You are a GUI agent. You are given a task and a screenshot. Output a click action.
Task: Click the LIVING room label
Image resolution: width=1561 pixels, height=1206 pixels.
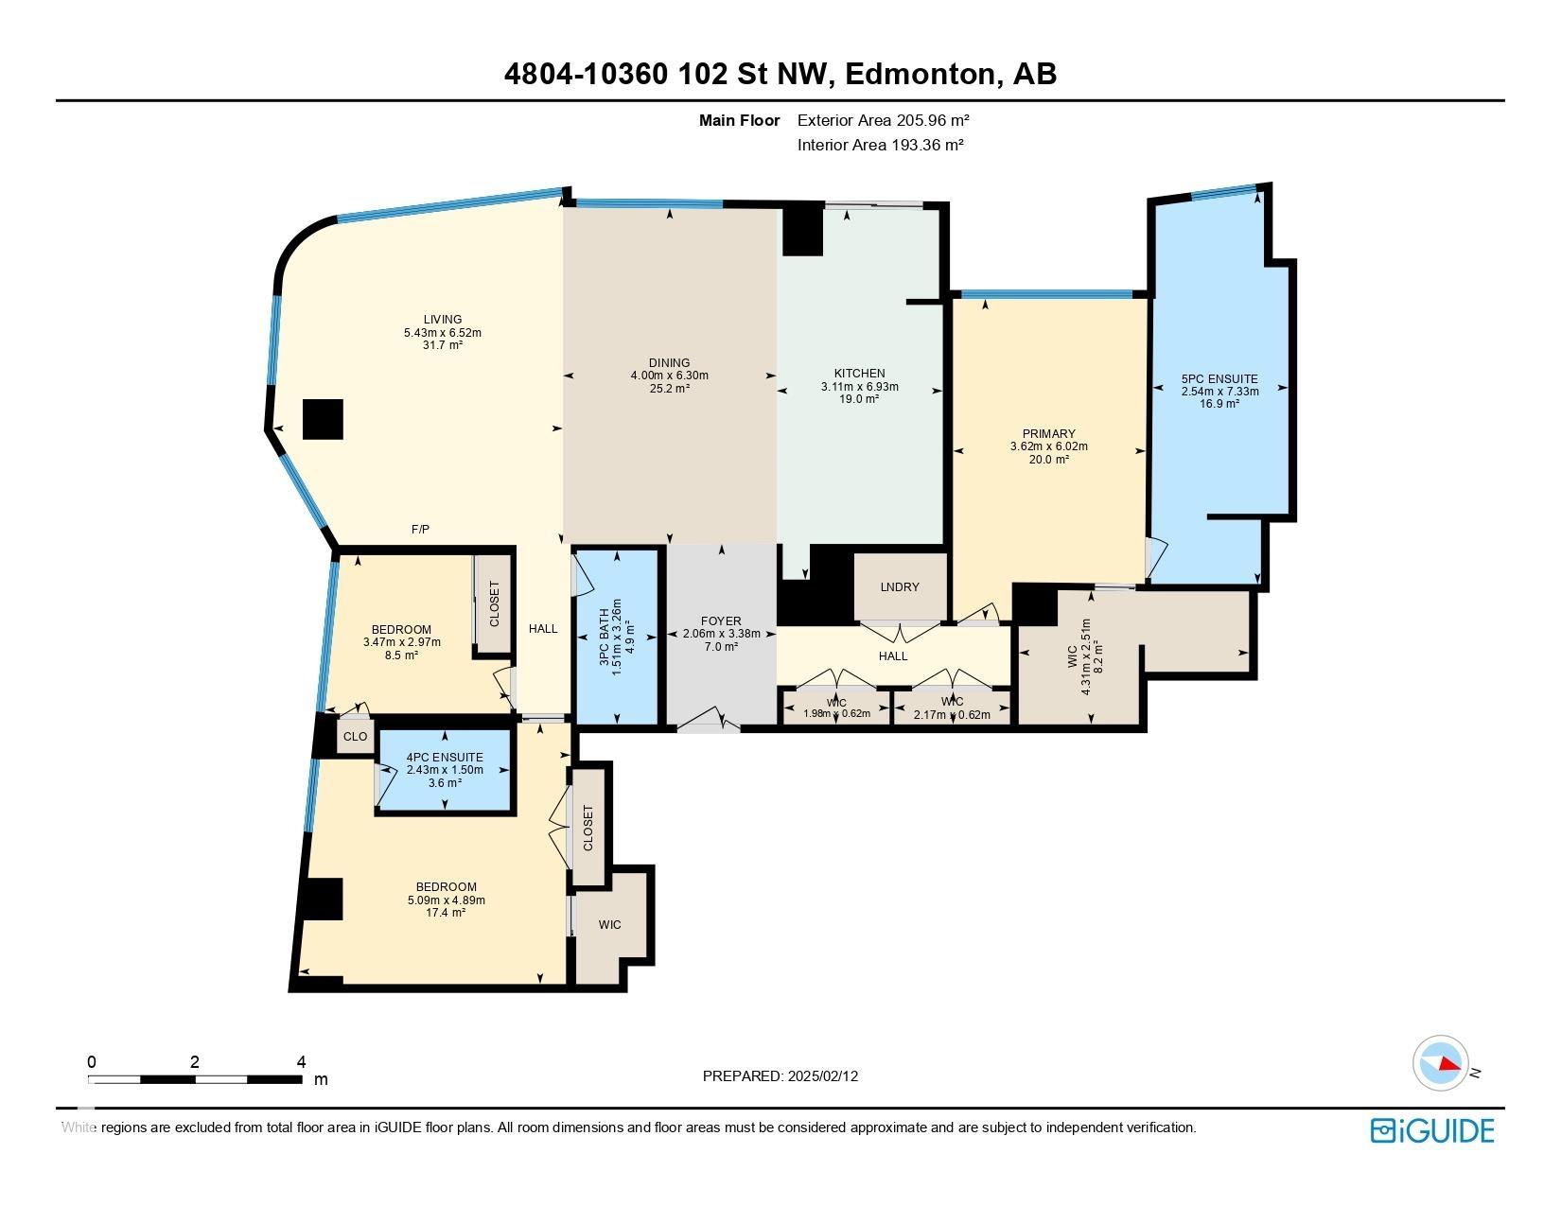pyautogui.click(x=442, y=320)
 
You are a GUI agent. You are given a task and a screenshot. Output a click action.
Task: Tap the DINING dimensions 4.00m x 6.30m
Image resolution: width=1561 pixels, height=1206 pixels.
pyautogui.click(x=669, y=376)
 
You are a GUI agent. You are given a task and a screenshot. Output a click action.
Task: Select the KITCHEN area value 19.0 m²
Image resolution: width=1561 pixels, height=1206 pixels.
pyautogui.click(x=859, y=399)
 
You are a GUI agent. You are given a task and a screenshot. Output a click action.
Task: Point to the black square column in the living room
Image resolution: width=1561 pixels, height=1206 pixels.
pyautogui.click(x=323, y=419)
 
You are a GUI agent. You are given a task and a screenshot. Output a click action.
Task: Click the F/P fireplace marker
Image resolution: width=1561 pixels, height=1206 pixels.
pyautogui.click(x=420, y=530)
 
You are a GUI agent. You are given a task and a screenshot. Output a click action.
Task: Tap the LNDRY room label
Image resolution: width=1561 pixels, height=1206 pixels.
pyautogui.click(x=899, y=587)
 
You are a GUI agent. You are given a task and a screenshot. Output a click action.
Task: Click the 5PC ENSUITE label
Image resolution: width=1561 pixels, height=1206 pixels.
pyautogui.click(x=1219, y=379)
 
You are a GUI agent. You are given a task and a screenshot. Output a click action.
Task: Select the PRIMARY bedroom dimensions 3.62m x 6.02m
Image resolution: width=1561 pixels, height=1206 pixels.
pyautogui.click(x=1048, y=446)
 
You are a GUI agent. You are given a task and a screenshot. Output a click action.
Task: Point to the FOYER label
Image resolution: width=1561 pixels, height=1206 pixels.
pyautogui.click(x=721, y=621)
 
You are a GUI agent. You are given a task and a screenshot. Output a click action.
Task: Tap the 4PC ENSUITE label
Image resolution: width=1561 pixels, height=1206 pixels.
pyautogui.click(x=444, y=758)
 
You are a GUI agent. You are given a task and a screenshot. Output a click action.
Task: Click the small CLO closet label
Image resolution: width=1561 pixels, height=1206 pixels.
pyautogui.click(x=355, y=737)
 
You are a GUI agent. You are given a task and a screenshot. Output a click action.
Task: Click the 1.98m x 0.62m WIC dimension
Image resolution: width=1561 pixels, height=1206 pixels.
pyautogui.click(x=836, y=714)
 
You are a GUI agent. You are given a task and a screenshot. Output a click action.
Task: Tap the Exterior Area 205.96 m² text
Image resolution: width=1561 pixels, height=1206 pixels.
pyautogui.click(x=883, y=120)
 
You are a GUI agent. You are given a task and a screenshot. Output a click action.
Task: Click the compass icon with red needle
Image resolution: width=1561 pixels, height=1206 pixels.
pyautogui.click(x=1440, y=1063)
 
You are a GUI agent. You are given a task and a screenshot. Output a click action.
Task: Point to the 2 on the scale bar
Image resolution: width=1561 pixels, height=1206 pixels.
pyautogui.click(x=194, y=1062)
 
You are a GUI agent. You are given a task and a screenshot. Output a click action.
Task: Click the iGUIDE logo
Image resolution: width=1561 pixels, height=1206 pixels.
pyautogui.click(x=1431, y=1130)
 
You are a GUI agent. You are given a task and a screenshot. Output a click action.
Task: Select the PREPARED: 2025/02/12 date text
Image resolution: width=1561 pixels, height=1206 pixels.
pyautogui.click(x=780, y=1076)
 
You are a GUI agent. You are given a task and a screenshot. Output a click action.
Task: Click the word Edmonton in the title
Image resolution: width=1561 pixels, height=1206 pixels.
pyautogui.click(x=921, y=74)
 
